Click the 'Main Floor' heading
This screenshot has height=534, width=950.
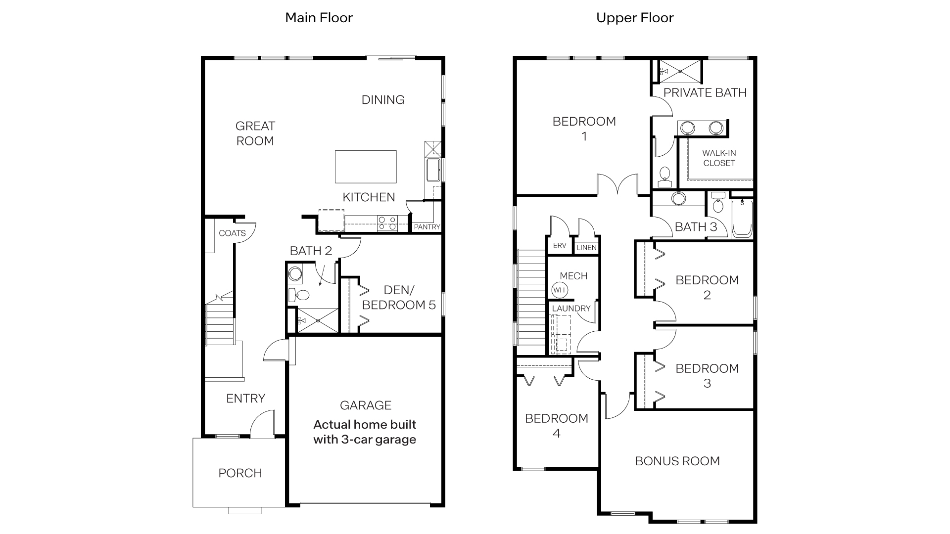tap(319, 18)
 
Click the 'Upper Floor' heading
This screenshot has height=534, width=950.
tap(634, 18)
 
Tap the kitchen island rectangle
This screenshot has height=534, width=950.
tap(366, 167)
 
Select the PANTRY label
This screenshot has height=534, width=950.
tap(427, 227)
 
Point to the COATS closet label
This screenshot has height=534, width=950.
tap(232, 233)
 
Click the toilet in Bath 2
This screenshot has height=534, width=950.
tap(299, 295)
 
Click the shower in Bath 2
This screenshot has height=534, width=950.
tap(317, 320)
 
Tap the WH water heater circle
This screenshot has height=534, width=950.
tap(559, 290)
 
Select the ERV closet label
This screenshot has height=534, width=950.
tap(559, 246)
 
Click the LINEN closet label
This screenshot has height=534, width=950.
tap(586, 247)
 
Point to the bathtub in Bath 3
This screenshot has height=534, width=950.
tap(742, 219)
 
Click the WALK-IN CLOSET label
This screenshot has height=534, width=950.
tap(719, 158)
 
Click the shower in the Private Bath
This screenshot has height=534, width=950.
tap(680, 71)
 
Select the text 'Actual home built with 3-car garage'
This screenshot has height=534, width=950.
tap(365, 432)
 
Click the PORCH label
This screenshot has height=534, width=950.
tap(240, 473)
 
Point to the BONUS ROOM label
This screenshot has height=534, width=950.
tap(677, 461)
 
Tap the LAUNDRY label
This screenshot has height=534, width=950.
tap(571, 309)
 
